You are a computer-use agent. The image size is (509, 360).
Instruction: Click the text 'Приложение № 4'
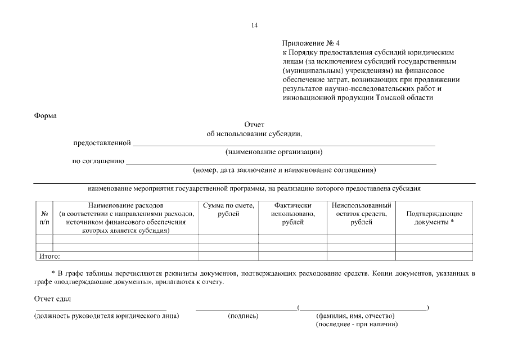(x=311, y=43)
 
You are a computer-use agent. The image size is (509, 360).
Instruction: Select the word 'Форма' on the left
(x=46, y=116)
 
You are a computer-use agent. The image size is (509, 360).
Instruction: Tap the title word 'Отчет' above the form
(x=254, y=125)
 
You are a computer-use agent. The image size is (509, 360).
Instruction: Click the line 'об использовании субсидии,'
(x=254, y=134)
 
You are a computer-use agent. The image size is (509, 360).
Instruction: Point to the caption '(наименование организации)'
(x=274, y=152)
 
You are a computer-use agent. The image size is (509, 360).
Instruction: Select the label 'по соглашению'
(x=98, y=161)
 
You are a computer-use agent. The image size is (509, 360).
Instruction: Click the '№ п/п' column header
(x=44, y=218)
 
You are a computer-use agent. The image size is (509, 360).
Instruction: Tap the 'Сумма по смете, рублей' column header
(x=228, y=210)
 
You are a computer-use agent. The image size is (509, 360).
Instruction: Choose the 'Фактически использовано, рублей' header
(x=292, y=214)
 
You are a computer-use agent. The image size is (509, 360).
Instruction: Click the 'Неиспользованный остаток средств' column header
(x=361, y=214)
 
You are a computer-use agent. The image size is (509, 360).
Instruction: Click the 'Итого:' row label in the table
(x=49, y=256)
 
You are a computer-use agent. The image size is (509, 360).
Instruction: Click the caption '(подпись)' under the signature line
(x=243, y=316)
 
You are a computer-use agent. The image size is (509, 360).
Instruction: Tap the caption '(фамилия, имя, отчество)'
(x=355, y=316)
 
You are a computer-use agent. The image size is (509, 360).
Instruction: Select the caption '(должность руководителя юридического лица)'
(x=107, y=316)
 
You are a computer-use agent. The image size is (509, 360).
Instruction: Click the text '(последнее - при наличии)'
(x=357, y=325)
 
